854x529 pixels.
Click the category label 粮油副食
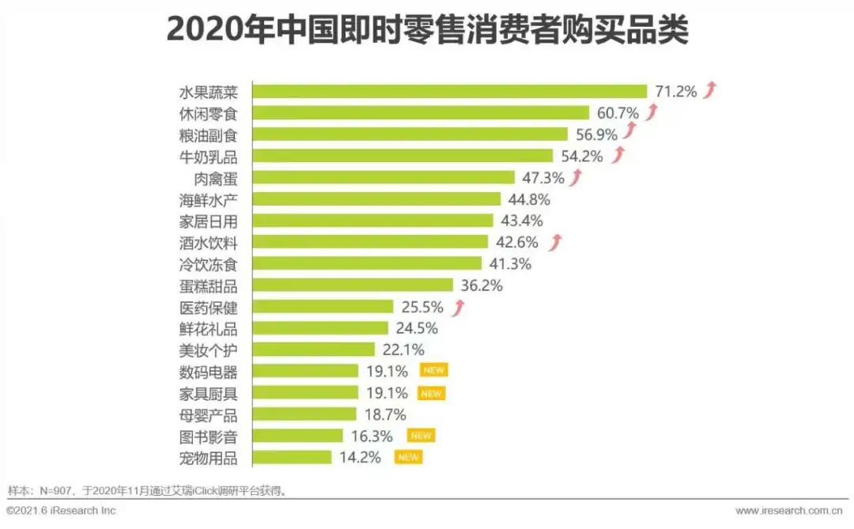click(209, 134)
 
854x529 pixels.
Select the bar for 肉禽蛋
click(384, 177)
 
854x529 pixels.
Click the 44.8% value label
click(529, 199)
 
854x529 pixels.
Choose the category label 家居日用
click(209, 221)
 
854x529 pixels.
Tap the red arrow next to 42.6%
click(556, 241)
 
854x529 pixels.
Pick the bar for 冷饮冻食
click(367, 263)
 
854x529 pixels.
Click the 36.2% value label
click(481, 285)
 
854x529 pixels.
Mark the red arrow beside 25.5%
click(458, 307)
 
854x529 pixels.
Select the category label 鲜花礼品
click(209, 328)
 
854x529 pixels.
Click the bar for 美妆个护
click(313, 350)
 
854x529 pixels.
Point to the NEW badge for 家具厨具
click(431, 393)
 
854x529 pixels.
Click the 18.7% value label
click(385, 414)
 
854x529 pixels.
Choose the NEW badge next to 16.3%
click(421, 436)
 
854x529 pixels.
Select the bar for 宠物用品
click(292, 457)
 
